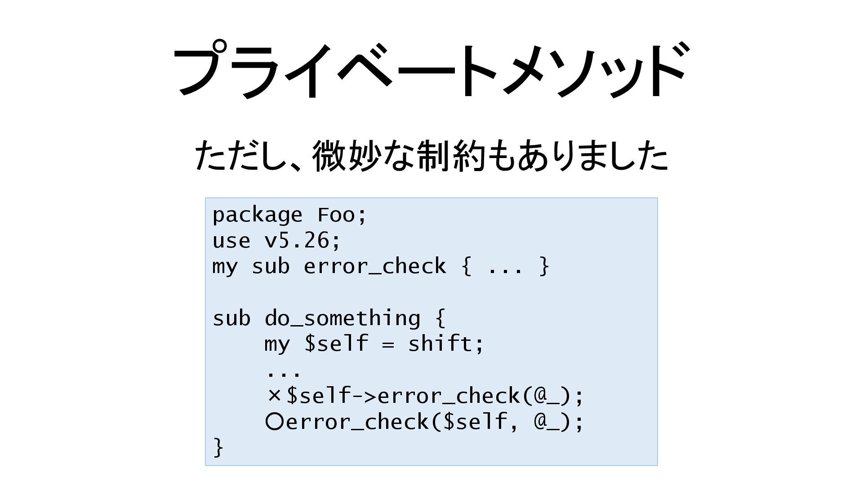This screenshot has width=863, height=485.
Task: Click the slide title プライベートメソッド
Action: [x=431, y=70]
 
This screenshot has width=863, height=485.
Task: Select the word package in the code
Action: [x=257, y=216]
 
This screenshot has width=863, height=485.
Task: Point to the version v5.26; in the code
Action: [x=302, y=241]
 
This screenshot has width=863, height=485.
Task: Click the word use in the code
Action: [x=231, y=241]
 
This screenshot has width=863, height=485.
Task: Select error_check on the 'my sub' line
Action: [x=374, y=267]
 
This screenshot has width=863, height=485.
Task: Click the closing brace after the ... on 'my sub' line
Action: [x=544, y=267]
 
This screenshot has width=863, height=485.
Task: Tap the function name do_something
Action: [x=342, y=319]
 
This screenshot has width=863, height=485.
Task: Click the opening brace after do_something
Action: [x=440, y=319]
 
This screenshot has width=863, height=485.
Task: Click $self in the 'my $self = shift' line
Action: [x=336, y=344]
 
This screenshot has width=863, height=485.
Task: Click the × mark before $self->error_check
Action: [x=274, y=396]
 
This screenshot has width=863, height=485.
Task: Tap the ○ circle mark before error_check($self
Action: [x=274, y=422]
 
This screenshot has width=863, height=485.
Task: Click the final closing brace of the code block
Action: [x=218, y=447]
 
